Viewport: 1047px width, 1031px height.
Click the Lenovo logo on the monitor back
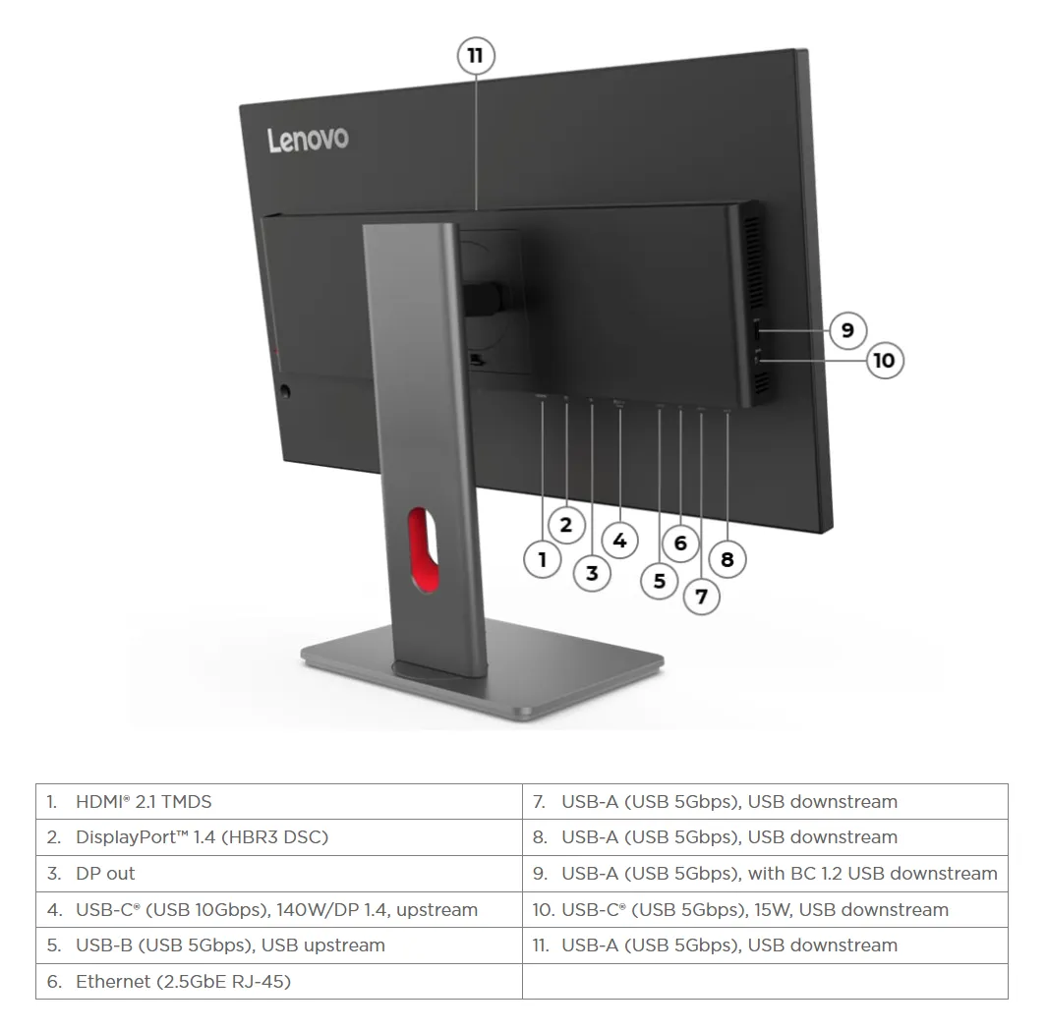[x=308, y=140]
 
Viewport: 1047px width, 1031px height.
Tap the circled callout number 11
[x=476, y=56]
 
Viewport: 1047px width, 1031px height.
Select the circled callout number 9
[x=847, y=329]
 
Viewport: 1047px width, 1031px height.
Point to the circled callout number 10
[x=884, y=361]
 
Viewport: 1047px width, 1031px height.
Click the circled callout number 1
[x=542, y=560]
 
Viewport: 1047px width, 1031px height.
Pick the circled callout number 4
[x=619, y=540]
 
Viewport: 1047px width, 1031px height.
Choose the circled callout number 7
[x=701, y=596]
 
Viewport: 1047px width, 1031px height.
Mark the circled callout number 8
[x=727, y=560]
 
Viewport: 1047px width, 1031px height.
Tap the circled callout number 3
[x=592, y=573]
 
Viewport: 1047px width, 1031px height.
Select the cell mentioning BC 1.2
[x=765, y=874]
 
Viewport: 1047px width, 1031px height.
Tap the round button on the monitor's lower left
[x=286, y=391]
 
